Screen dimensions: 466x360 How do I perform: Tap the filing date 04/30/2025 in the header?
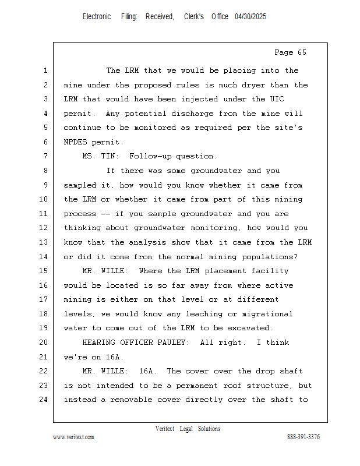pos(250,17)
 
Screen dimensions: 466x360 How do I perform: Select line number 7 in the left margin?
pos(45,156)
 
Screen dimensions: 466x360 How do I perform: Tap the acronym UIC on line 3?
pos(277,99)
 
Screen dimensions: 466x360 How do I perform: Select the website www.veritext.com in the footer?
pos(73,437)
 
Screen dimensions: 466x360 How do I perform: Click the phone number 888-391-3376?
pos(303,437)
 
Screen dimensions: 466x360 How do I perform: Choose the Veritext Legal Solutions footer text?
pos(188,429)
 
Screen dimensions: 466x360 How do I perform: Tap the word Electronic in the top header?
pos(97,17)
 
